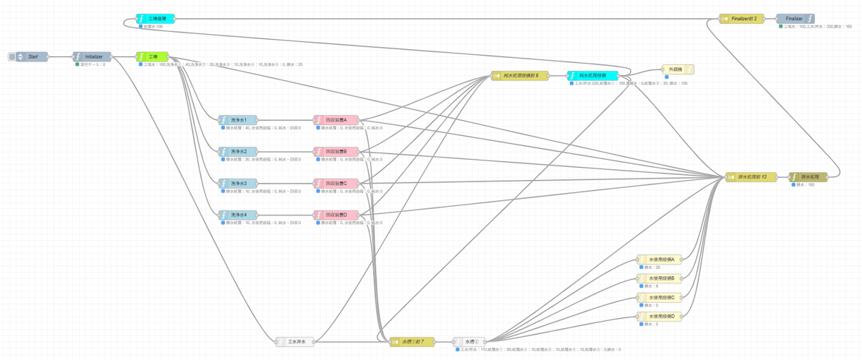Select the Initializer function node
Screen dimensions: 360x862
(x=93, y=56)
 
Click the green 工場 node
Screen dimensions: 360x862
(x=153, y=56)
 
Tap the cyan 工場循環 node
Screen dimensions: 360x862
(x=156, y=19)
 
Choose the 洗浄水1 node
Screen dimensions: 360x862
(x=239, y=120)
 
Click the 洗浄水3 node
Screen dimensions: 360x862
(x=239, y=184)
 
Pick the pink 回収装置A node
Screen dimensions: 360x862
(x=336, y=120)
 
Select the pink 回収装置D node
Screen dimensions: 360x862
(x=336, y=215)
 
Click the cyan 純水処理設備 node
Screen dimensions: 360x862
(x=593, y=76)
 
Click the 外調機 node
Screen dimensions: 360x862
(x=678, y=69)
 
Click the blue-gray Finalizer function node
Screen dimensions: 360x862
(x=795, y=19)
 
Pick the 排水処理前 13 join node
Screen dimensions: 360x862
(x=751, y=177)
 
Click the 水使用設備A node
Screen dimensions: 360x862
(x=660, y=260)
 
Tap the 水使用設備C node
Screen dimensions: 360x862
(x=660, y=297)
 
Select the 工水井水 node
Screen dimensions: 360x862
(x=296, y=342)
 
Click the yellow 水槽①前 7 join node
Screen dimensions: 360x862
(x=413, y=342)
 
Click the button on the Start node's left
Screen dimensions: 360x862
(x=12, y=56)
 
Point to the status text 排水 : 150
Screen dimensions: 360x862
(x=804, y=185)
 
